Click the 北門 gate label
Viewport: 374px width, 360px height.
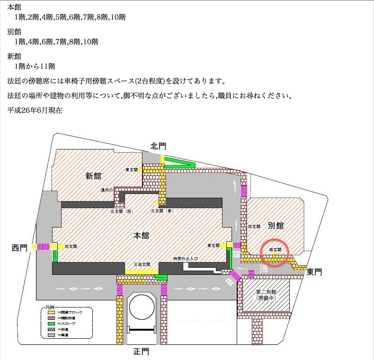[159, 146]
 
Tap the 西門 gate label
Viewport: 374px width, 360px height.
[20, 247]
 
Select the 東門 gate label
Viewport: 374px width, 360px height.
[314, 272]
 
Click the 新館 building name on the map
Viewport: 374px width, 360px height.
[93, 176]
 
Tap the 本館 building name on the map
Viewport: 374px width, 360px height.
[141, 235]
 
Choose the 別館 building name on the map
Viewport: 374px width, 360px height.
[276, 225]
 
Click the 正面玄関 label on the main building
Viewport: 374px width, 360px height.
[142, 264]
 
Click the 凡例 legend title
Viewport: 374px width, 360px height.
[50, 307]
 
